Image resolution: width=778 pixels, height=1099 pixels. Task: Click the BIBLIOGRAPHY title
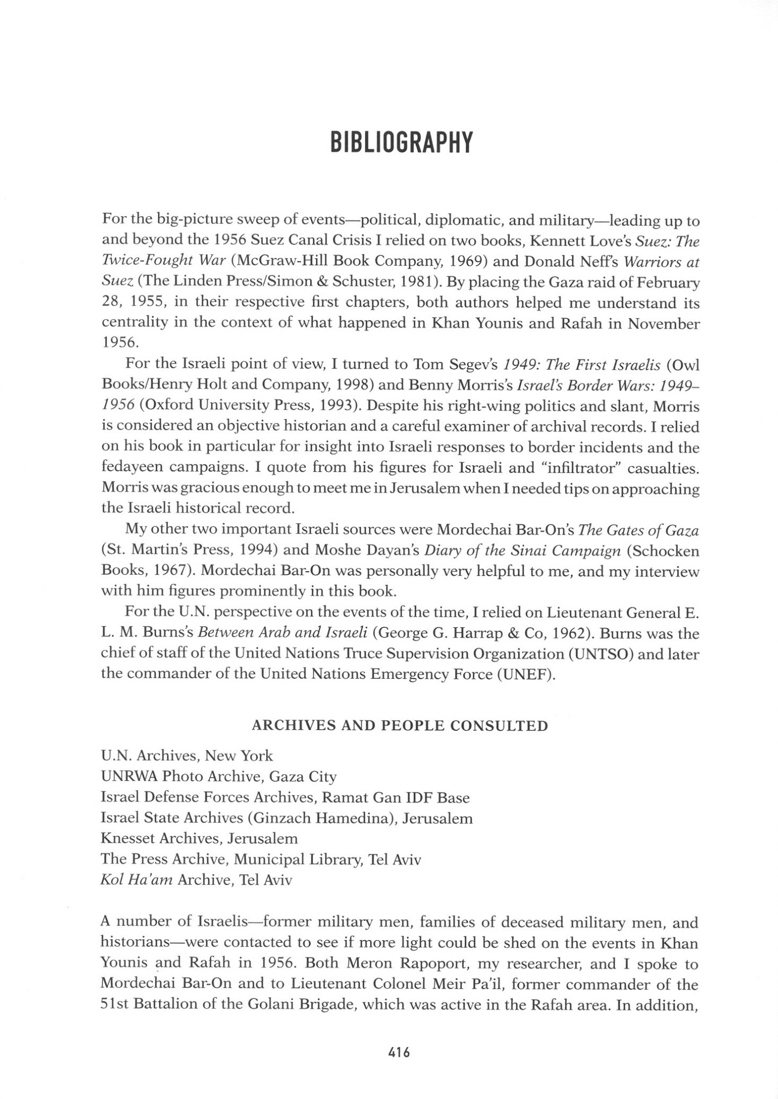pyautogui.click(x=401, y=142)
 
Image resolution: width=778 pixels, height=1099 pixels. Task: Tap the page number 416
pyautogui.click(x=399, y=1052)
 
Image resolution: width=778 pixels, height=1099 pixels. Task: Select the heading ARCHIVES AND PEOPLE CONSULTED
pyautogui.click(x=400, y=726)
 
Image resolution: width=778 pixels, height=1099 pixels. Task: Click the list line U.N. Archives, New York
pyautogui.click(x=187, y=756)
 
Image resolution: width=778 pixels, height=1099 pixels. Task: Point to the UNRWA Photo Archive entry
pyautogui.click(x=218, y=776)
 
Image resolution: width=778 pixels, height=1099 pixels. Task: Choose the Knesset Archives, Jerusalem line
pyautogui.click(x=199, y=838)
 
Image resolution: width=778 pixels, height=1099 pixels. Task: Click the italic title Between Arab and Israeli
pyautogui.click(x=282, y=633)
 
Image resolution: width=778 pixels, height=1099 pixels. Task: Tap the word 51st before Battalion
pyautogui.click(x=113, y=1005)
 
